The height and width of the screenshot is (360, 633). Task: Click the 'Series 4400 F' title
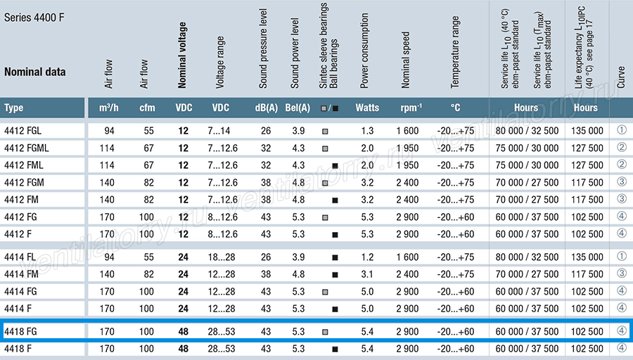(34, 18)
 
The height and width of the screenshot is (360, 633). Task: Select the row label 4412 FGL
(23, 131)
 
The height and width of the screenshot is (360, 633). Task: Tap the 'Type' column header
(14, 108)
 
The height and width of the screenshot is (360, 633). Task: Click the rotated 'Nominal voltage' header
(182, 56)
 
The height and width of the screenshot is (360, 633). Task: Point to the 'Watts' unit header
(367, 108)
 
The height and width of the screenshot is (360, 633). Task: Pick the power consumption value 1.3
(367, 131)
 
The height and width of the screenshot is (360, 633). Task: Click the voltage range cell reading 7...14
(219, 131)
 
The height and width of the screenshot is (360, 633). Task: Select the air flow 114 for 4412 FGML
(107, 148)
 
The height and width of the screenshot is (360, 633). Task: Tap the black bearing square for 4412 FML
(335, 166)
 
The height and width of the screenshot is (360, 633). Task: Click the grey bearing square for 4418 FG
(325, 332)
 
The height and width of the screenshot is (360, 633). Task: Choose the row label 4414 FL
(20, 257)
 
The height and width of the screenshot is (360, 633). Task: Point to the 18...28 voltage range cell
(222, 257)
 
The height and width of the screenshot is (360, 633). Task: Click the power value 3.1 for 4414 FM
(367, 274)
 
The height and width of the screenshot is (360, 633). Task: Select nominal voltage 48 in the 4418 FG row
(184, 332)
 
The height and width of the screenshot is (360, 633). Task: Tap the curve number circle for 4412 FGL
(622, 130)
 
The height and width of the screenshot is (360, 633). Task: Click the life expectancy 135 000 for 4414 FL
(587, 257)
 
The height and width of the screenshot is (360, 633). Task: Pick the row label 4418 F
(18, 349)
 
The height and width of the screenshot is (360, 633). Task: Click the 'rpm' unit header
(411, 108)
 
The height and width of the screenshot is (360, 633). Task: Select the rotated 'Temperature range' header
(455, 52)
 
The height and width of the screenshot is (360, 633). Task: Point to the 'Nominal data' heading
(34, 72)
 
